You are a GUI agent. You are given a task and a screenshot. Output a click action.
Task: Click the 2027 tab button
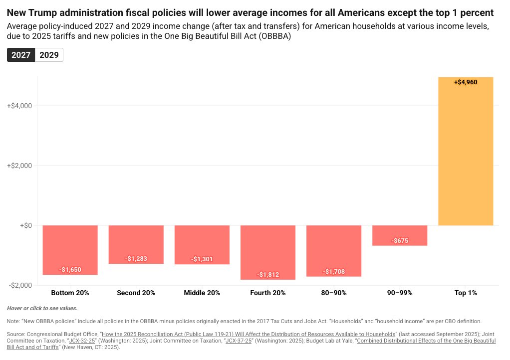(21, 55)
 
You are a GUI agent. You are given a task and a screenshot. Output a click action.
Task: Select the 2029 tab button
(49, 55)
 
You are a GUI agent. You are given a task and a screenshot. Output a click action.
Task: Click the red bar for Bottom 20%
(70, 249)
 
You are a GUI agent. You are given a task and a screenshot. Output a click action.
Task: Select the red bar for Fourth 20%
(268, 252)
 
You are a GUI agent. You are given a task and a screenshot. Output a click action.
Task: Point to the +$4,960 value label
(466, 82)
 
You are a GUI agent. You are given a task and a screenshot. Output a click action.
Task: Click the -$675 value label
(400, 241)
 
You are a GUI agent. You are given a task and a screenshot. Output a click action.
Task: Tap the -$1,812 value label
(268, 275)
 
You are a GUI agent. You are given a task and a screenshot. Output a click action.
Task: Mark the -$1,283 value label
(136, 259)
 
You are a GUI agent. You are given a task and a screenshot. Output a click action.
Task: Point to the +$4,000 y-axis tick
(19, 106)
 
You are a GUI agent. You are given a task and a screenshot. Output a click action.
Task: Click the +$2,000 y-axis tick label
(19, 166)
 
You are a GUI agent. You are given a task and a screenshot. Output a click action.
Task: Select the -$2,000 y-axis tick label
(20, 285)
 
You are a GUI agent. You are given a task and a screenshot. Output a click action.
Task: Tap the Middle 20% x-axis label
(202, 293)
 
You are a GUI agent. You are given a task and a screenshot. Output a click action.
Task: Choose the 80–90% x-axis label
(333, 293)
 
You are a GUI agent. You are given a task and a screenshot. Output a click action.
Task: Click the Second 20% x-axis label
(136, 293)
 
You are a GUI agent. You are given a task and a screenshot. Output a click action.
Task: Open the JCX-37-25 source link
(238, 341)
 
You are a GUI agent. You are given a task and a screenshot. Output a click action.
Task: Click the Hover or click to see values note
(42, 309)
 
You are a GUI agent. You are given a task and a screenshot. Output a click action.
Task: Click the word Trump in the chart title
(51, 12)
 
